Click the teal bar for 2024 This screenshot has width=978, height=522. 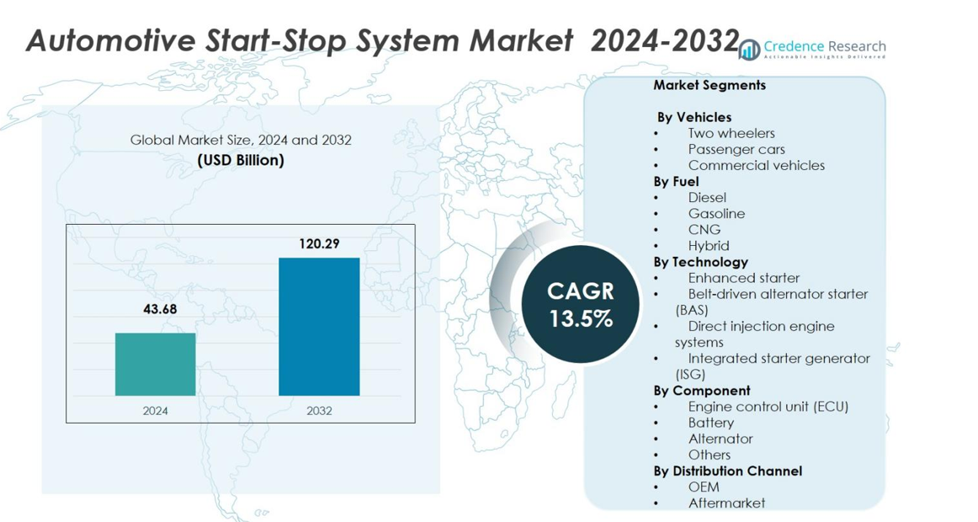155,364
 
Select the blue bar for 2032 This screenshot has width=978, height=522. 319,327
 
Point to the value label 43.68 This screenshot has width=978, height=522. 160,309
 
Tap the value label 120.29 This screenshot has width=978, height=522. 319,243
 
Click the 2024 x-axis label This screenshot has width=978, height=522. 155,411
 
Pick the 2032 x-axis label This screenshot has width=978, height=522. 319,411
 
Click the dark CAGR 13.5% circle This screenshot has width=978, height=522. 581,304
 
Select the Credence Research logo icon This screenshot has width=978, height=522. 749,50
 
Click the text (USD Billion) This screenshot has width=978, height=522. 241,159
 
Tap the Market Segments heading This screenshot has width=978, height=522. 709,85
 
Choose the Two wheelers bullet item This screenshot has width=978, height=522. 731,133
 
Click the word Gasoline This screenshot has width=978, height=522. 716,214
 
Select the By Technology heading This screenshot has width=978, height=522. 700,262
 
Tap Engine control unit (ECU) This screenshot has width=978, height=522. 768,407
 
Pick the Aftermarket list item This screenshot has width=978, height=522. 726,503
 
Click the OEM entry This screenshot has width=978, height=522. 704,487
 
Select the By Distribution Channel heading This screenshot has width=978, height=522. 727,471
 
